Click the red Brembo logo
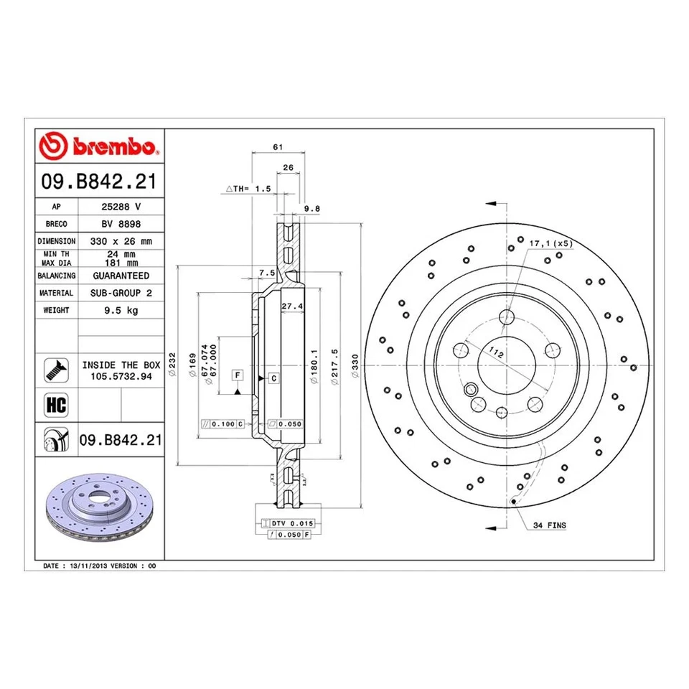100,147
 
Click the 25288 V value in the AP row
121,205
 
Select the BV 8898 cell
121,223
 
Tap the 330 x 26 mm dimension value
121,241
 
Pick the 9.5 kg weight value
121,310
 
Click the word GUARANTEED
121,276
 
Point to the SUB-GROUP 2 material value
121,293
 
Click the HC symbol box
57,405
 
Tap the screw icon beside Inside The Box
57,370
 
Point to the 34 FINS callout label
549,525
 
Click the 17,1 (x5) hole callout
550,244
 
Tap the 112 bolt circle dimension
495,351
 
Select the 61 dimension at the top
278,146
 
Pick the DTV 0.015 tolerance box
294,524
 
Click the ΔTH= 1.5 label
248,188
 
